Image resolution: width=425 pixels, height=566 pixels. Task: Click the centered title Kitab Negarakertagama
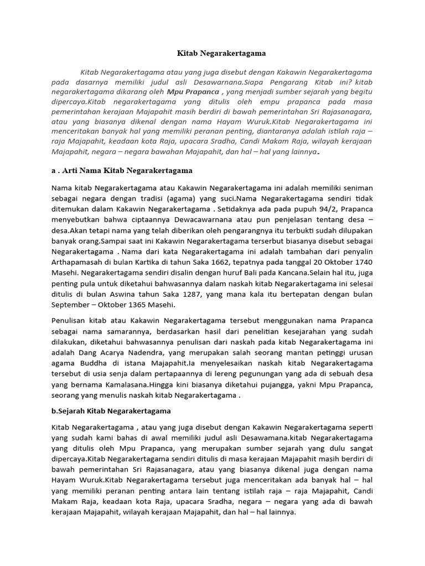221,54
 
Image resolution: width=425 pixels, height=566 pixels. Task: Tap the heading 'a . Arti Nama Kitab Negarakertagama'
122,170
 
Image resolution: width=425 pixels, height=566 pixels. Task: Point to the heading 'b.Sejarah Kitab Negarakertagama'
111,411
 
